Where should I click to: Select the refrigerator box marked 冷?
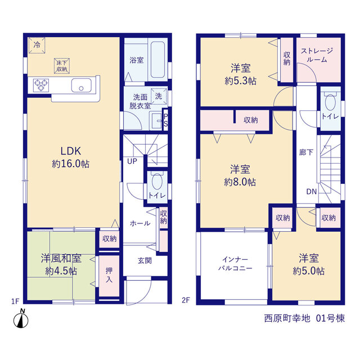click(37, 45)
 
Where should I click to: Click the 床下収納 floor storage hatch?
click(62, 66)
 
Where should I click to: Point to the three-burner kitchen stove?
click(41, 85)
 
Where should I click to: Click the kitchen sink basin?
click(81, 85)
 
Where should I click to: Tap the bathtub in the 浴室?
click(157, 60)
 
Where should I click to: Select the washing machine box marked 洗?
click(159, 96)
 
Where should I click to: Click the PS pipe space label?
click(165, 120)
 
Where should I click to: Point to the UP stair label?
click(132, 161)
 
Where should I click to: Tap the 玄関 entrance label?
click(145, 260)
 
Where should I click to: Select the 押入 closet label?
click(109, 275)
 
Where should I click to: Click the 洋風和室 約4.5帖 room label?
click(61, 264)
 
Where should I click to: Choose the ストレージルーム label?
click(317, 55)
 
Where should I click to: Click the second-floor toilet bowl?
click(330, 102)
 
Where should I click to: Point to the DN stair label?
click(311, 191)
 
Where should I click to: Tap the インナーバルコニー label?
click(235, 264)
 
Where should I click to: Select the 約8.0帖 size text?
click(240, 182)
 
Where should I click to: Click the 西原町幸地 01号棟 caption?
click(304, 318)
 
